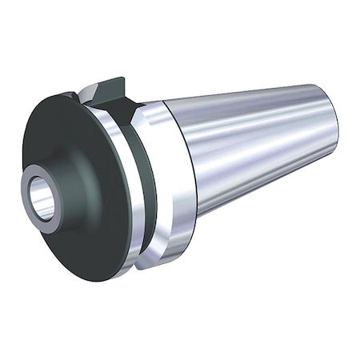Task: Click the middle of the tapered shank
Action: coord(256,148)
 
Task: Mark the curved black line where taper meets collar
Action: coord(190,160)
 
